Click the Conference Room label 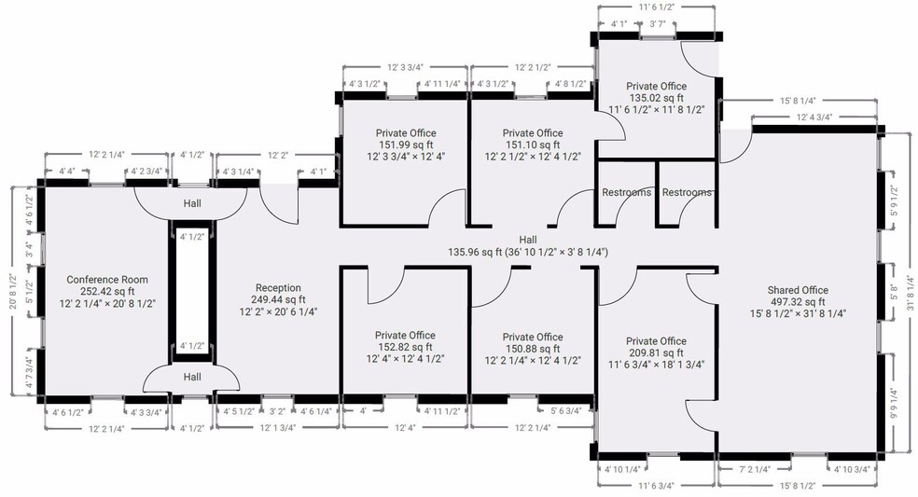click(x=107, y=280)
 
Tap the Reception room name click(x=278, y=288)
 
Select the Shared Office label click(x=798, y=290)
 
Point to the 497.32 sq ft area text click(x=798, y=302)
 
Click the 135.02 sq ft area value click(x=656, y=98)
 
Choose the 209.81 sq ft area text click(x=656, y=353)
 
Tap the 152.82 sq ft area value click(x=405, y=347)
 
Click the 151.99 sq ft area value click(x=406, y=145)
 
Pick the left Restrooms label click(x=626, y=193)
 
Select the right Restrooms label click(x=687, y=193)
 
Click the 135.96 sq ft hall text click(x=475, y=253)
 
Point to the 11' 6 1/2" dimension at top click(x=656, y=8)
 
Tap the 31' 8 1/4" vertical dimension click(x=911, y=293)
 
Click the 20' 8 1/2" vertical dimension click(x=13, y=292)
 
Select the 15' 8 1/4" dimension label click(x=798, y=102)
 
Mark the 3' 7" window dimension click(x=658, y=24)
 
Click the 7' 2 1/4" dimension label click(x=755, y=469)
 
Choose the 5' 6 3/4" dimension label click(x=565, y=411)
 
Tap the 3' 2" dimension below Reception click(x=277, y=411)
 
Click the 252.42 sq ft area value click(x=107, y=292)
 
